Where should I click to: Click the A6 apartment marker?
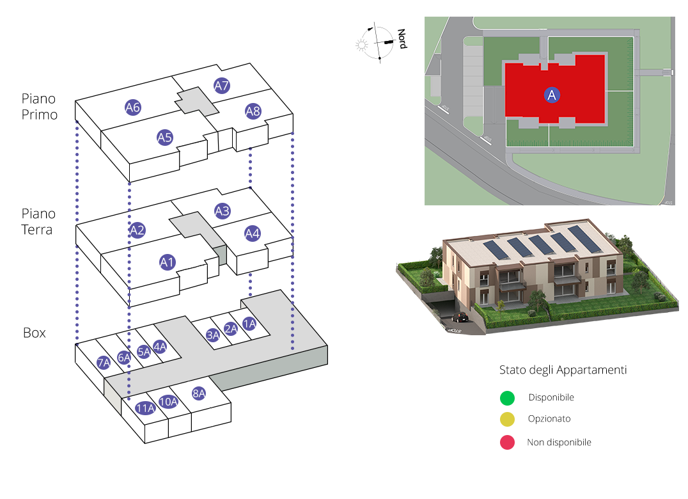(133, 107)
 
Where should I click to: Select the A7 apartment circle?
(222, 85)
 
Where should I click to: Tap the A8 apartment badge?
(253, 112)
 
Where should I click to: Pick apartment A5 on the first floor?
(165, 137)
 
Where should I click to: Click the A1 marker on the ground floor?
(168, 262)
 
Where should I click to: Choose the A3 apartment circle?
(222, 210)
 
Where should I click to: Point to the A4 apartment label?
(253, 234)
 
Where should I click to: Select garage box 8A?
(199, 393)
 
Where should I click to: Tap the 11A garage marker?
(145, 408)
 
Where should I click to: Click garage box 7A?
(104, 363)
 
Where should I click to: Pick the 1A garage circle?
(249, 324)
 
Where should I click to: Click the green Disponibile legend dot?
(507, 398)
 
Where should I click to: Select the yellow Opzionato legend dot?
(507, 420)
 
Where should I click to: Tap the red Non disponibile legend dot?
(507, 442)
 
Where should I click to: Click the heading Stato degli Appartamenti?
(563, 370)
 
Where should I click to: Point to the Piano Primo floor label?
(39, 107)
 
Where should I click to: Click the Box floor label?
(35, 333)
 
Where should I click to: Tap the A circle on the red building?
(552, 95)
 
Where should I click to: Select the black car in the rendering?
(459, 317)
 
